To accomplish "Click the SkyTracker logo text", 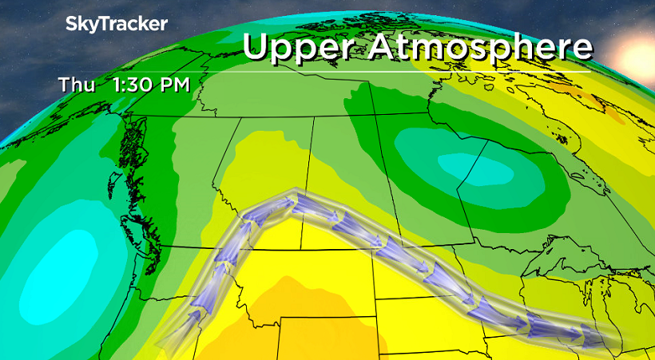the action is pyautogui.click(x=116, y=24).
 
